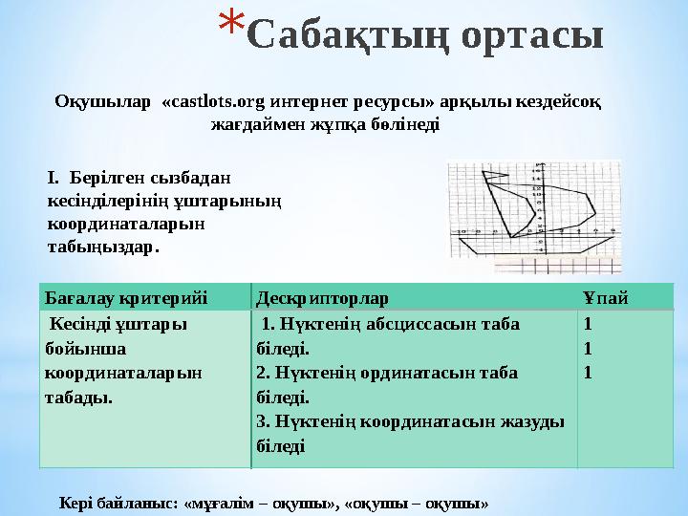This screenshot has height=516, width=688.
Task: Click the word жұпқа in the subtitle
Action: [333, 125]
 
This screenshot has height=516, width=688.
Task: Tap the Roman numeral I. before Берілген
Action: [54, 178]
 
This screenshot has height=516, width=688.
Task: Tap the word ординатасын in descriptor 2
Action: [426, 373]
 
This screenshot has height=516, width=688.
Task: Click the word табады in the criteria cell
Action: [77, 398]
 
